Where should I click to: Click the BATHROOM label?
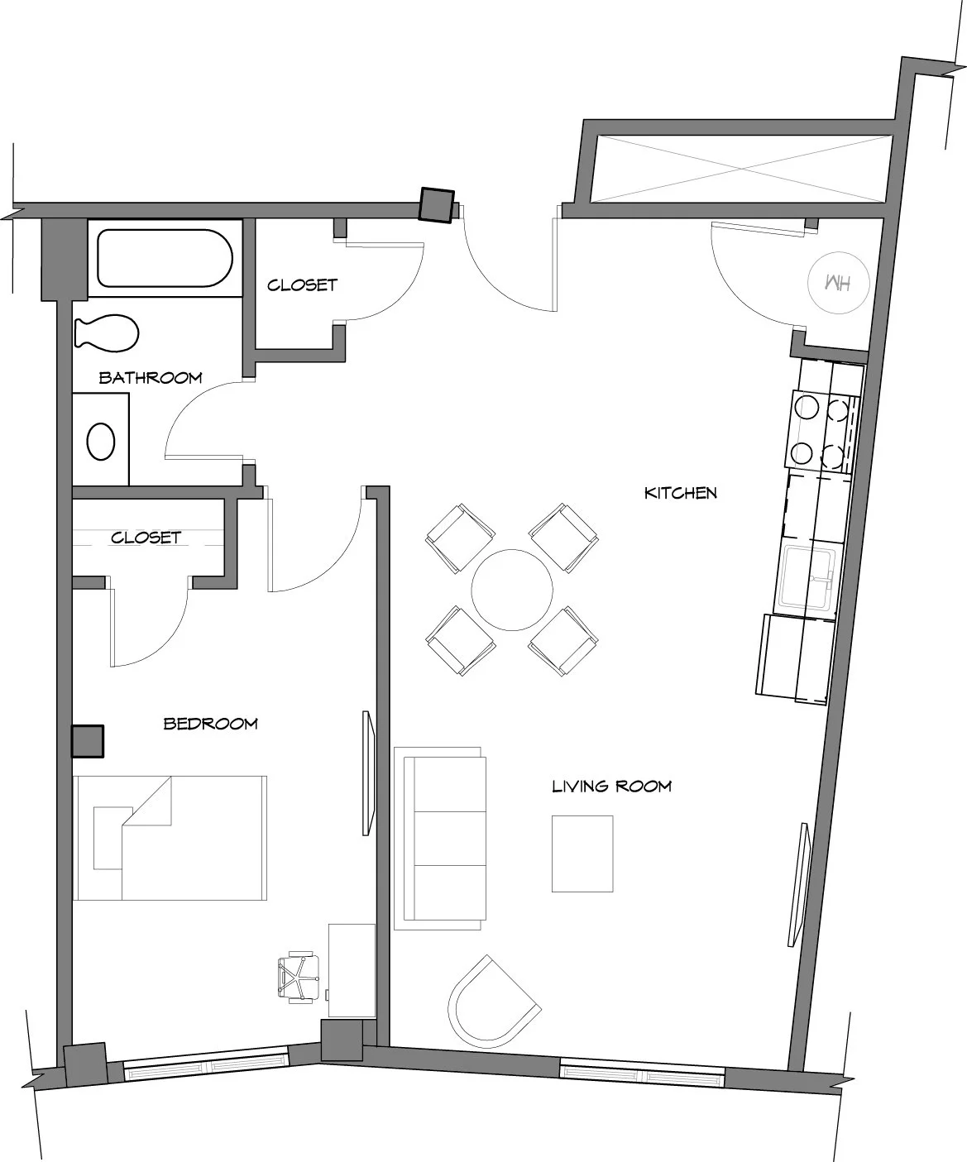[x=151, y=378]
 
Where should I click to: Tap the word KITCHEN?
[x=680, y=493]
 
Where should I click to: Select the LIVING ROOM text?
[x=612, y=787]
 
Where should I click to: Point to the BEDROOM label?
[x=210, y=724]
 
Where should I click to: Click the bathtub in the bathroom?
[x=165, y=258]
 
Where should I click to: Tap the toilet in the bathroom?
[x=107, y=334]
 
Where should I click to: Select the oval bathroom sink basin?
[x=101, y=442]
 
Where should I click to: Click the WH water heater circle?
[x=839, y=283]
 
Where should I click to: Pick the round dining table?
[x=511, y=590]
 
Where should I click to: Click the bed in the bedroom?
[x=170, y=838]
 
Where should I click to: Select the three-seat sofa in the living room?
[x=440, y=839]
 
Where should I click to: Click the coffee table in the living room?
[x=582, y=854]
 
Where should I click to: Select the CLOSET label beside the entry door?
[x=302, y=285]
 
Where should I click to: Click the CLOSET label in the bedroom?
[x=146, y=538]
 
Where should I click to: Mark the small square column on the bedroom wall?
[x=88, y=741]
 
